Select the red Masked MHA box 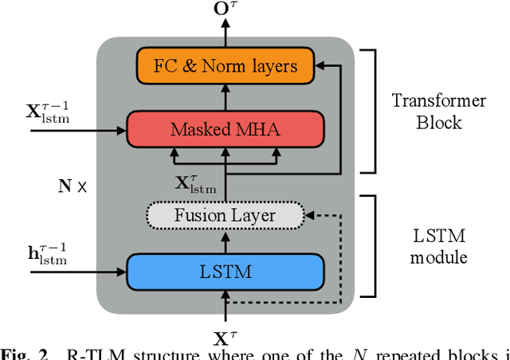[226, 128]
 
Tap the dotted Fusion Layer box [226, 215]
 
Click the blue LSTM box [226, 272]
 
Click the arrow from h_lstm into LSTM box [80, 272]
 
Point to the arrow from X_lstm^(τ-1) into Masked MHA [80, 128]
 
